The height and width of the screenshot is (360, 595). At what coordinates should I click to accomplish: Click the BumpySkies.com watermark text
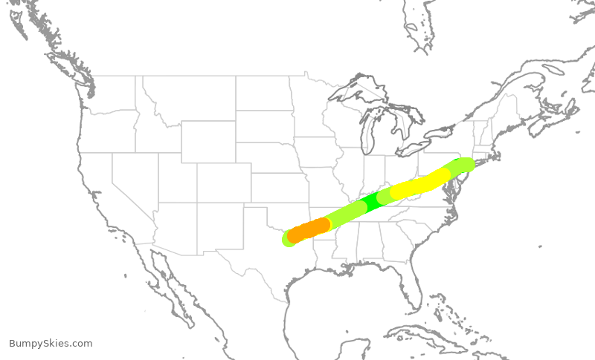click(x=51, y=344)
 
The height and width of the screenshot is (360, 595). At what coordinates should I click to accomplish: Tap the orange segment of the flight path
click(x=309, y=229)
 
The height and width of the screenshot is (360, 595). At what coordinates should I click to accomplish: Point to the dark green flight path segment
click(x=376, y=199)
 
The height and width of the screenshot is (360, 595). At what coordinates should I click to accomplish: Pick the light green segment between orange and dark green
click(x=342, y=215)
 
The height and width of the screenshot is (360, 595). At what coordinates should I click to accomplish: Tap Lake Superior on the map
click(x=357, y=93)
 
